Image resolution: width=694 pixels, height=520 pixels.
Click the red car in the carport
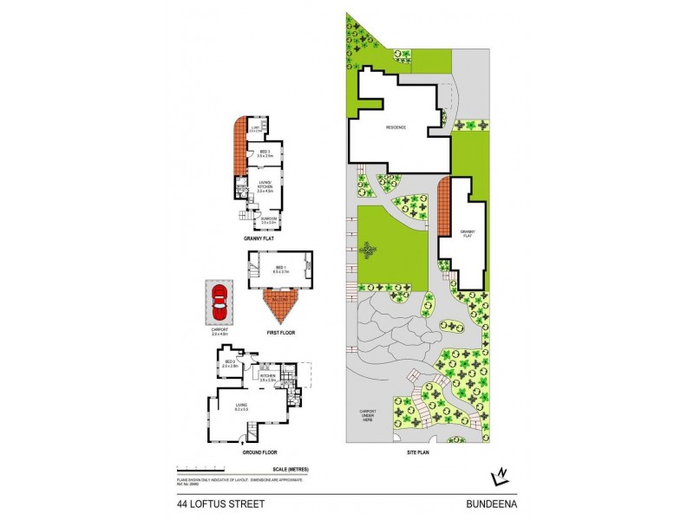click(219, 302)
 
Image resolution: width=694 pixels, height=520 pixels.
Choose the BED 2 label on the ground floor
click(230, 363)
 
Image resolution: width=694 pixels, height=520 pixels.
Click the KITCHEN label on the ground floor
click(268, 377)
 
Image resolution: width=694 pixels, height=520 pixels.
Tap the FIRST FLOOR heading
click(279, 331)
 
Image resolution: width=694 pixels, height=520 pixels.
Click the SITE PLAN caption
click(419, 451)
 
